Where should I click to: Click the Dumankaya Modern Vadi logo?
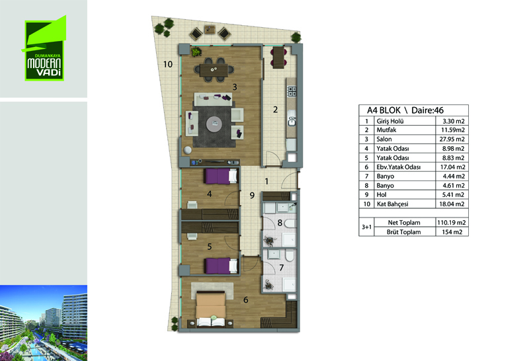coord(44,48)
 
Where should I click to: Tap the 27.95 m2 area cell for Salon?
coord(452,139)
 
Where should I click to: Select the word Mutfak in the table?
coord(386,130)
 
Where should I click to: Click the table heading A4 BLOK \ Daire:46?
coord(405,110)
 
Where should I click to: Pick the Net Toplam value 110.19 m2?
coord(452,223)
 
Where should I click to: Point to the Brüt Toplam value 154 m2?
coord(452,232)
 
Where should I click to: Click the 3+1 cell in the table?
coord(366,227)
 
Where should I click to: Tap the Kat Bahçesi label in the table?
coord(392,204)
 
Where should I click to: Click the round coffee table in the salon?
coord(214,124)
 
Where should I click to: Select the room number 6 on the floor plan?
coord(245,300)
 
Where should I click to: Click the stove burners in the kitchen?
coord(292,91)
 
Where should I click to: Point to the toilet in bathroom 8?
coord(290,223)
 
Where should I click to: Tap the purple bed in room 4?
coord(221,177)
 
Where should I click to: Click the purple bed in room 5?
coord(221,266)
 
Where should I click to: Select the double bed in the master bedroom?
coord(211,309)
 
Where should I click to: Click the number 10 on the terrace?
coord(168,64)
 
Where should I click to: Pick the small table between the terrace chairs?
coord(210,30)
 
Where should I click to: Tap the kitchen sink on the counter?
coord(292,120)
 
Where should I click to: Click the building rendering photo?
coord(44,323)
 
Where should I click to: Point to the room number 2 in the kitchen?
coord(275,110)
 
